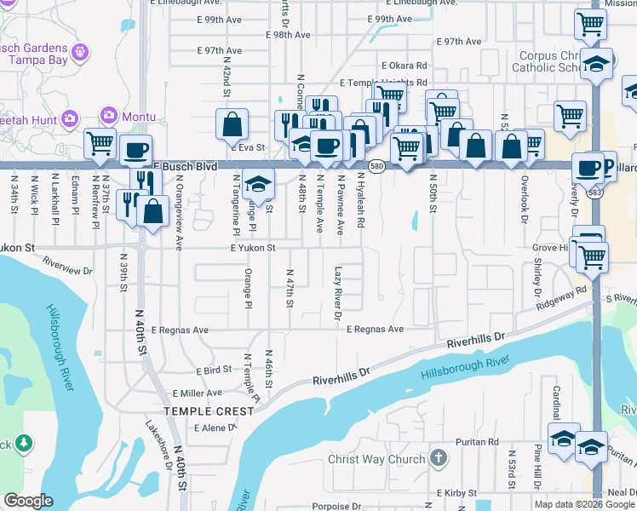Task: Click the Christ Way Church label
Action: tap(376, 460)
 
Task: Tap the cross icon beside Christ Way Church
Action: tap(438, 459)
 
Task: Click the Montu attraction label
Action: tap(138, 116)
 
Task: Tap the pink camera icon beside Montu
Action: tap(108, 115)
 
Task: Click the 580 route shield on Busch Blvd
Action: tap(377, 166)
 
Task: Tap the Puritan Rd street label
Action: tap(476, 442)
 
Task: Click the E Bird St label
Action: tap(214, 371)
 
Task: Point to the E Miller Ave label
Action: tap(197, 393)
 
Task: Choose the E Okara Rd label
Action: tap(404, 65)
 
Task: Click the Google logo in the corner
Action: tap(28, 501)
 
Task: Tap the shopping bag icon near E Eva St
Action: tap(232, 125)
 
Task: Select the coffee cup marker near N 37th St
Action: tap(135, 151)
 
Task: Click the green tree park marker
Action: tap(24, 443)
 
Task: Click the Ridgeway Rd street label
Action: tap(561, 297)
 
